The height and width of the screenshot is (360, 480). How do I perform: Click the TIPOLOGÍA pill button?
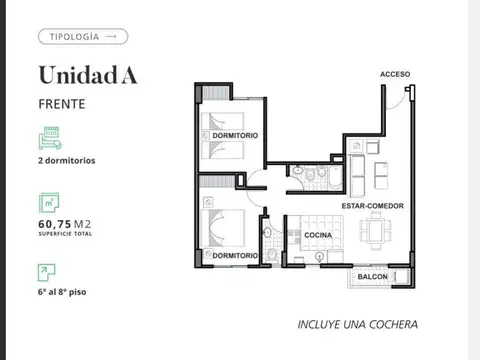[83, 37]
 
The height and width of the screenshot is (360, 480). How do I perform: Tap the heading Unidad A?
[88, 75]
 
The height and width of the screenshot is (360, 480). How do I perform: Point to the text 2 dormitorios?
[67, 160]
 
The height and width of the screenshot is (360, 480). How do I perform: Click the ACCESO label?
[395, 74]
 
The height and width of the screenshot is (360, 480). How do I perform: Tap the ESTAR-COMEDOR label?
[372, 206]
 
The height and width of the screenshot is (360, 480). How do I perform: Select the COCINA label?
[318, 235]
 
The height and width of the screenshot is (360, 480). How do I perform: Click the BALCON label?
[372, 276]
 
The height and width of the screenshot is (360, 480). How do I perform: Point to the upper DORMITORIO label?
[235, 135]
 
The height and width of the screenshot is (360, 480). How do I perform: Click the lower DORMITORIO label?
[236, 256]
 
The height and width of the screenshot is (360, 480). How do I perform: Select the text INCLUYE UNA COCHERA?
[357, 325]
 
